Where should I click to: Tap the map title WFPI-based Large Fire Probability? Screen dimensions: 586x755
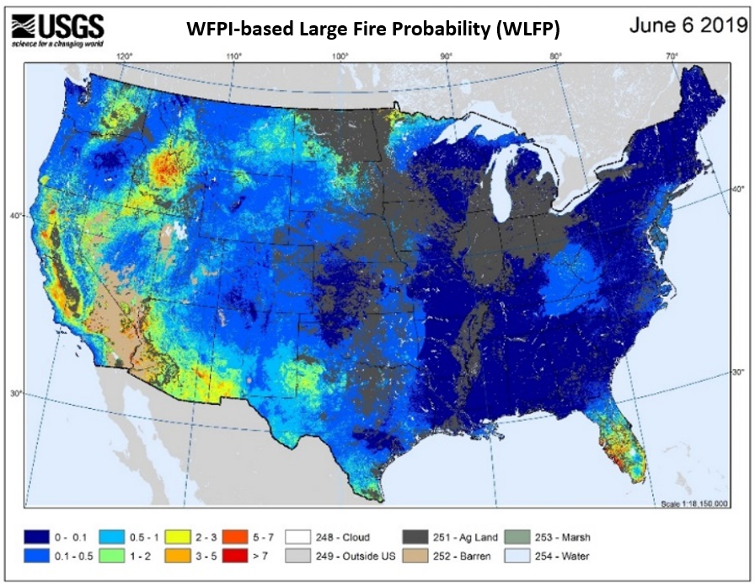(373, 30)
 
